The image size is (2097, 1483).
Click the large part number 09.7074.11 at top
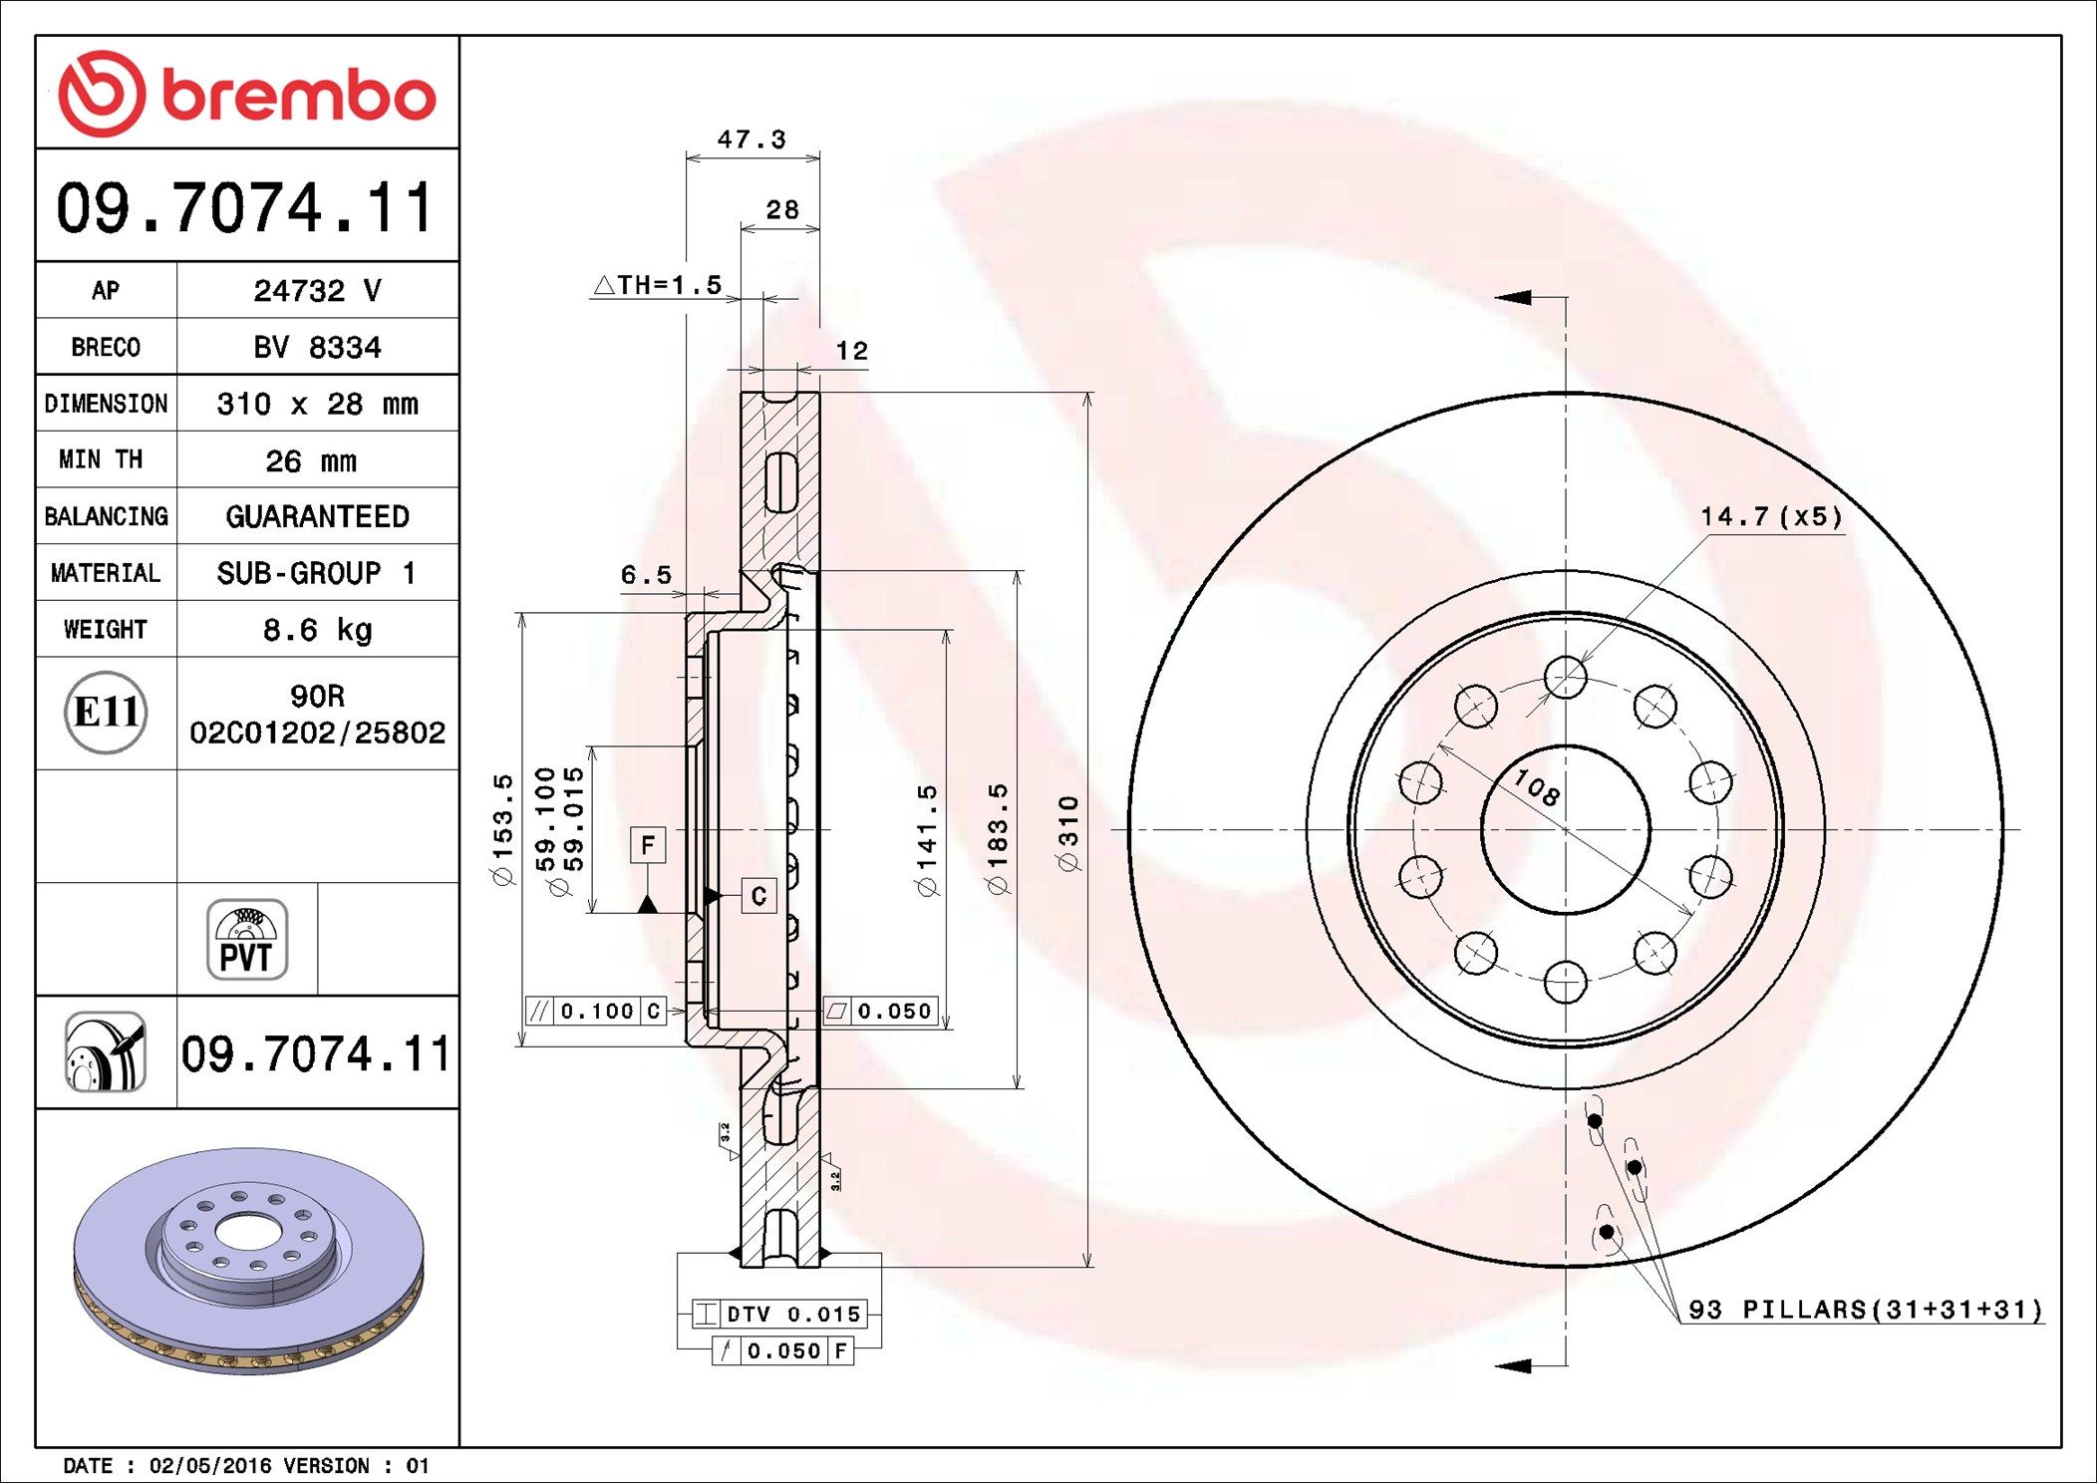point(246,207)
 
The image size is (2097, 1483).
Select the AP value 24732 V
point(317,290)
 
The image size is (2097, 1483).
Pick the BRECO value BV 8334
point(317,347)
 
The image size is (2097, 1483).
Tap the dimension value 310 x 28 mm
point(317,404)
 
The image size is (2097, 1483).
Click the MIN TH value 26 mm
point(310,460)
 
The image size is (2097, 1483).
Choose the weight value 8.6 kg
point(317,630)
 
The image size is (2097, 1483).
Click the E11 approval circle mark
point(106,712)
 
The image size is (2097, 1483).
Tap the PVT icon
point(247,939)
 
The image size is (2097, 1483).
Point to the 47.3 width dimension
point(751,140)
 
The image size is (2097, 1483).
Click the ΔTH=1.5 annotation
point(659,285)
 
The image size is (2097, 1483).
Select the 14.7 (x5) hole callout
point(1771,516)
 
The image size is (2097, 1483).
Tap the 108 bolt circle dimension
point(1536,788)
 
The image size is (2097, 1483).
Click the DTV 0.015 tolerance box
point(778,1314)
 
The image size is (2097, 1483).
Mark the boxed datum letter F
point(648,846)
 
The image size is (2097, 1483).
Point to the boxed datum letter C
point(758,896)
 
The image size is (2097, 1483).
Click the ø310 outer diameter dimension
point(1067,832)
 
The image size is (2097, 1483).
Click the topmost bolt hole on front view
point(1565,677)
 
